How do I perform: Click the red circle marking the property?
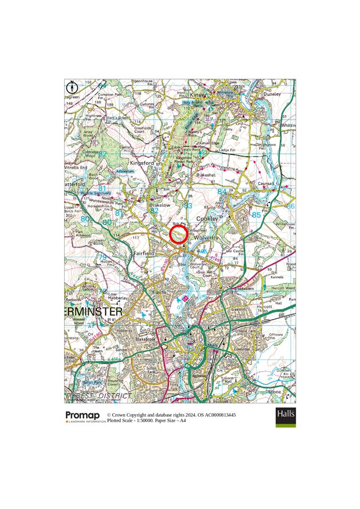[x=179, y=234]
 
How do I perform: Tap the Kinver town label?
[x=198, y=95]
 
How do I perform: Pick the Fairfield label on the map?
[x=144, y=253]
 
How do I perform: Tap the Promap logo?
[x=82, y=415]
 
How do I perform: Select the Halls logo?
[x=286, y=417]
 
